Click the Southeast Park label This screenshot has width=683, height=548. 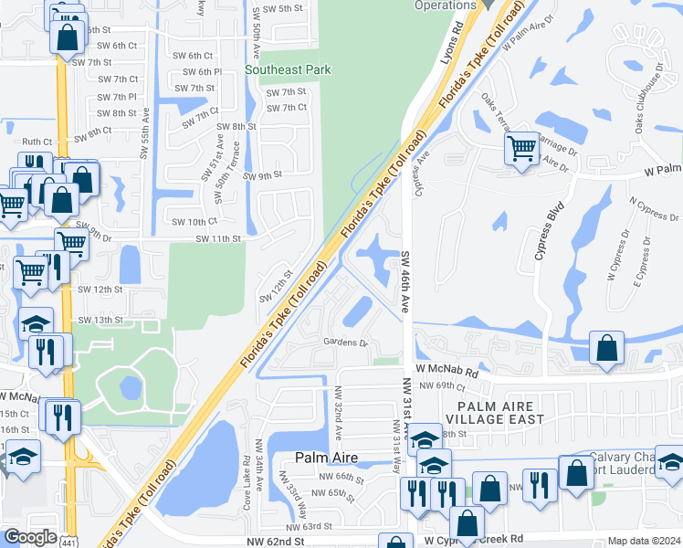(x=288, y=69)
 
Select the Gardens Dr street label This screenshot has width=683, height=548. (x=344, y=343)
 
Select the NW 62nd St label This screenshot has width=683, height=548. (x=275, y=543)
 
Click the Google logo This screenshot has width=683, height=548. (x=30, y=536)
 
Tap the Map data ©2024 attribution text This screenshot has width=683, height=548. (x=644, y=541)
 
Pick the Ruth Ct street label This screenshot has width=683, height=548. (x=37, y=142)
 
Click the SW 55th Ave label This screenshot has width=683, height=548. (x=144, y=132)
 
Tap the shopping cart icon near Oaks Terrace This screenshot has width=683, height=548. (x=521, y=147)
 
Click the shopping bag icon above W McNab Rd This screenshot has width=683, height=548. (x=607, y=349)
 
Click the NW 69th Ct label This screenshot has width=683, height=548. (x=435, y=387)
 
